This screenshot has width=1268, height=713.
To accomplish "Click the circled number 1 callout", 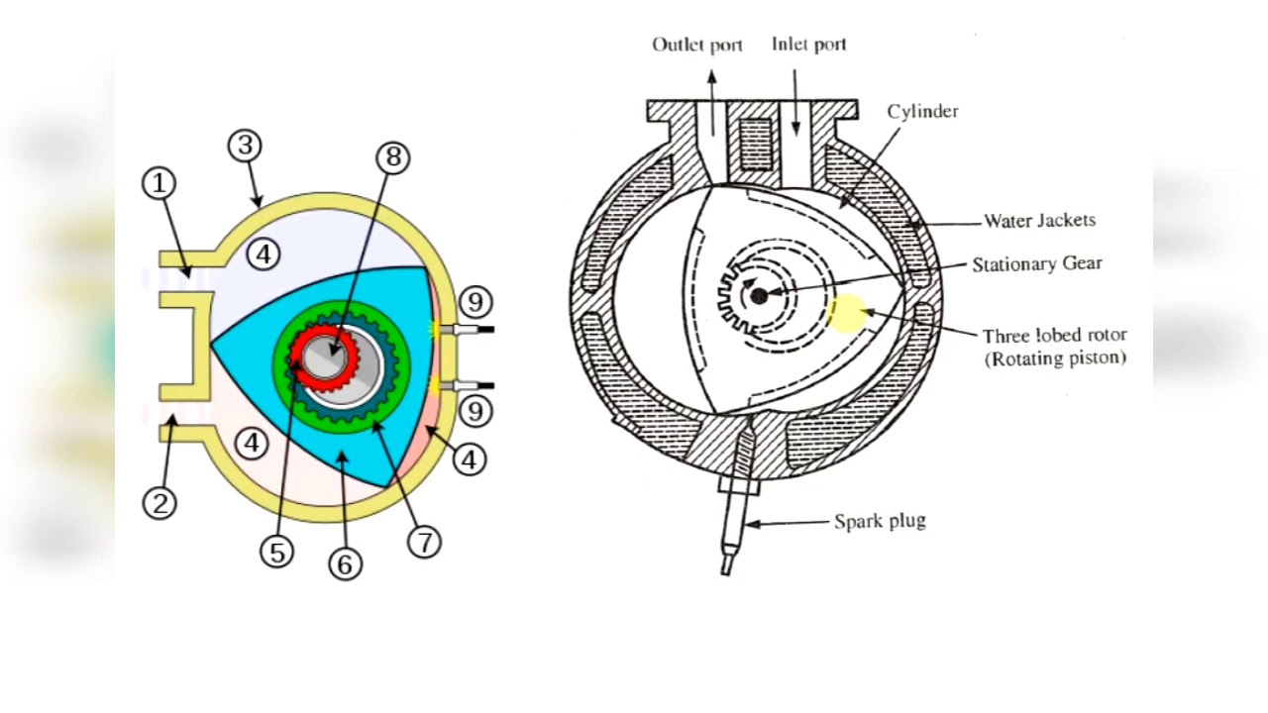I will pos(158,183).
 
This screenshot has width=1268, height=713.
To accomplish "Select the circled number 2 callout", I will pos(159,503).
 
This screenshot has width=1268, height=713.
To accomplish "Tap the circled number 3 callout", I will pos(245,146).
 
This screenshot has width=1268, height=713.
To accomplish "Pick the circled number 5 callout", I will pos(277,552).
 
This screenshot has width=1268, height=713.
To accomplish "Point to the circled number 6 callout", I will pos(345,563).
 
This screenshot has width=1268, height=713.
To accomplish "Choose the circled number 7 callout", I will pos(424,542).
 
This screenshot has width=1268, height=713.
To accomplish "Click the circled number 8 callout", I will pos(392,156).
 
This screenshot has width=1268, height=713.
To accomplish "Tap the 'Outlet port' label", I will pos(696,45).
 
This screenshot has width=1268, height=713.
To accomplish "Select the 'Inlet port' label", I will pos(808,45).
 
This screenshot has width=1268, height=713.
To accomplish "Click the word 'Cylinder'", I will pos(922,111).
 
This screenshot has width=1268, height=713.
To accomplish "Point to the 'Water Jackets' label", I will pos(1038,221).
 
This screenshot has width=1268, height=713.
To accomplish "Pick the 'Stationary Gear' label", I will pos(1036,264).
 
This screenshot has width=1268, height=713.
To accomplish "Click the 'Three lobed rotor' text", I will pos(1054,336).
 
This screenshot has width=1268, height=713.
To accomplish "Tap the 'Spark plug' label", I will pos(880,521).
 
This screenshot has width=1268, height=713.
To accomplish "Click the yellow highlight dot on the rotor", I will pos(846,313).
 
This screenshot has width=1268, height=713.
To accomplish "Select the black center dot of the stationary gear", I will pos(759,296).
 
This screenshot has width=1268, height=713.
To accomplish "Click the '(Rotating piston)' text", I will pos(1055,358).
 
